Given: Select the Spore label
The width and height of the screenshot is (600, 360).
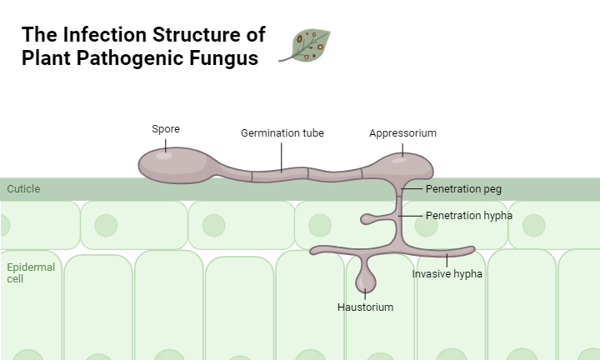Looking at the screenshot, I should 165,128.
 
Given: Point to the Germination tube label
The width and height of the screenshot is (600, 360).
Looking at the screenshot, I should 282,132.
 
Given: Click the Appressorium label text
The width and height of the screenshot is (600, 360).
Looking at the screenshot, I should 402,132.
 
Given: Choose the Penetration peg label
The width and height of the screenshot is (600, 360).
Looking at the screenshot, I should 463,188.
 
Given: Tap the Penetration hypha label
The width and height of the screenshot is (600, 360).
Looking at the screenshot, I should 468,215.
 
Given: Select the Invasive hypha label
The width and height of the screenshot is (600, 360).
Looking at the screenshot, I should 447,272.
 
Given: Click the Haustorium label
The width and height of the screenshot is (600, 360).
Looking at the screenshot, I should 365,307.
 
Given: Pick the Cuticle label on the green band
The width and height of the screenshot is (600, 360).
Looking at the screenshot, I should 23,189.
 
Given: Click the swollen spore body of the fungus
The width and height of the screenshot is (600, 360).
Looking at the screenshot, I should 171,163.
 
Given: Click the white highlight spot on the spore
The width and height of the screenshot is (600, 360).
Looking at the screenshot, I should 165,154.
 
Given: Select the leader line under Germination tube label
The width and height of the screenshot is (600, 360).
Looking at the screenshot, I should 282,156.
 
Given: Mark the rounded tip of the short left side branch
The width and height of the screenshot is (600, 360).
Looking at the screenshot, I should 365,219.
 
